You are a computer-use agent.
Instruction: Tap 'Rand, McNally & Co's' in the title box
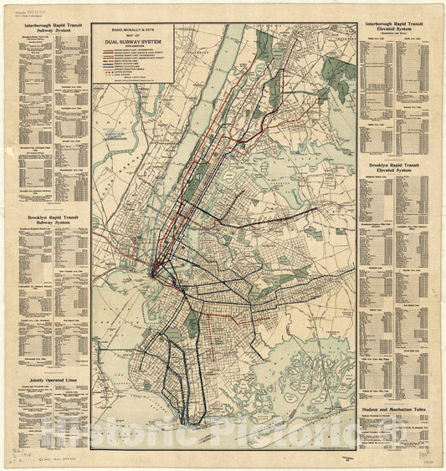tap(133, 31)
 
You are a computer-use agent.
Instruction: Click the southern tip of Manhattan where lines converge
tap(155, 270)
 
